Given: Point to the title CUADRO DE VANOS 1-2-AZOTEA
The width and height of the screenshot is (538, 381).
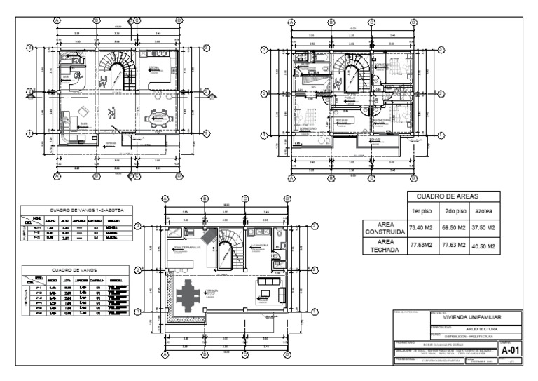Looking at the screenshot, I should [x=77, y=208].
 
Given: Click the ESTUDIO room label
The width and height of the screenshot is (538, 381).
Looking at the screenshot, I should [x=343, y=121].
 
